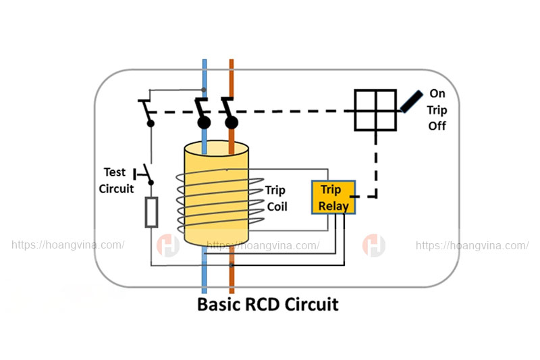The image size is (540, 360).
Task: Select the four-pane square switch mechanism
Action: tap(375, 110)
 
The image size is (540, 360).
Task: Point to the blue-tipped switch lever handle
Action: tap(410, 101)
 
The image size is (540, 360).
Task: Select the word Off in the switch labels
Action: tap(437, 126)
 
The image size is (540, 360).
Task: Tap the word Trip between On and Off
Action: tap(437, 110)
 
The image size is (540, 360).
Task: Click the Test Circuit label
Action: tap(116, 180)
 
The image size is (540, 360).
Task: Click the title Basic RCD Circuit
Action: tap(267, 304)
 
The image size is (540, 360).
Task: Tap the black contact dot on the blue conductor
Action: tap(204, 122)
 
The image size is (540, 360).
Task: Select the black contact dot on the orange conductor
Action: tap(231, 122)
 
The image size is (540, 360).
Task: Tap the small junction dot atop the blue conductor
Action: tap(204, 90)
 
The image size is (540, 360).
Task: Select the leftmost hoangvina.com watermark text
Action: tap(67, 245)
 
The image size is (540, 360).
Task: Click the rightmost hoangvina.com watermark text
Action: tap(472, 245)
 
